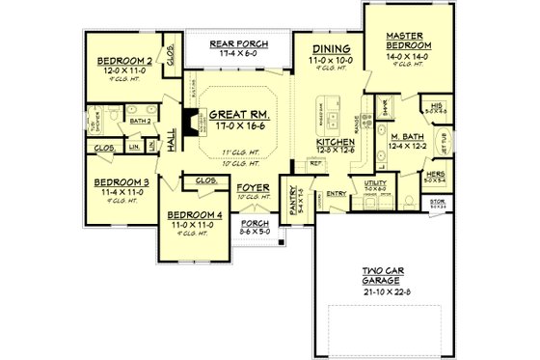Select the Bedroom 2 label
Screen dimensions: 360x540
click(127, 62)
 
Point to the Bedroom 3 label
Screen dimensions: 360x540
click(121, 182)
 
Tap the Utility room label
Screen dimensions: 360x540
click(375, 181)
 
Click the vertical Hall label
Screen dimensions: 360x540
click(171, 141)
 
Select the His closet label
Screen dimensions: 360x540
click(438, 104)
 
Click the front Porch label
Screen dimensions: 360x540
click(255, 224)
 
